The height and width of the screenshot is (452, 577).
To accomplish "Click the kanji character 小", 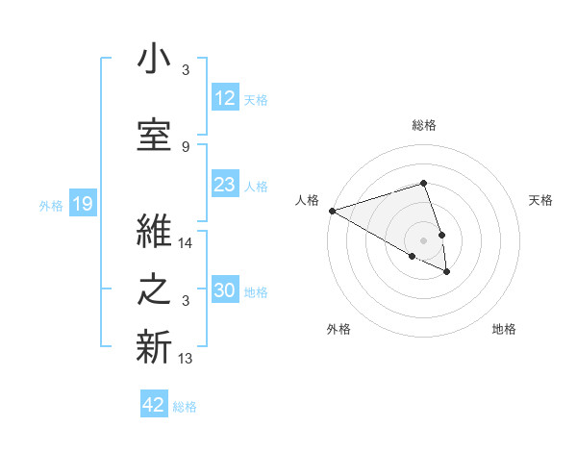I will (x=154, y=60).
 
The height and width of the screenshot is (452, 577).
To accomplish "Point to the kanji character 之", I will (x=154, y=290).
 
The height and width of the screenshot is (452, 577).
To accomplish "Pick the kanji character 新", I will (x=154, y=345).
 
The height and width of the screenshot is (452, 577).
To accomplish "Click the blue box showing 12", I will (x=224, y=99).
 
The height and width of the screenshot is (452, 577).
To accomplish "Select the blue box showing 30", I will (x=224, y=291).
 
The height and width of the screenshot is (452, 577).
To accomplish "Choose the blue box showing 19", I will (x=82, y=204).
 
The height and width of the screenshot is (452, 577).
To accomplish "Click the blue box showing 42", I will (x=153, y=405).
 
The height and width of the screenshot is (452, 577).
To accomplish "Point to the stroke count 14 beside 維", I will (x=186, y=244).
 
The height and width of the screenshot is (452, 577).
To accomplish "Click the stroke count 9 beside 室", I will (x=186, y=146).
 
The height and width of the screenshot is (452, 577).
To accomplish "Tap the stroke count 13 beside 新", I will (x=186, y=359).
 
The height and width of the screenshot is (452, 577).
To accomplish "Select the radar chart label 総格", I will (x=424, y=125).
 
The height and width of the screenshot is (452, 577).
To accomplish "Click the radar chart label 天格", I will (x=541, y=200).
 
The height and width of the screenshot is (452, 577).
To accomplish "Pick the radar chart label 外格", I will (x=339, y=330).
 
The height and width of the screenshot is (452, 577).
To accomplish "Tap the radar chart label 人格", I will (x=307, y=200).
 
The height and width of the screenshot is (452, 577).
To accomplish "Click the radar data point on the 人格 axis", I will (x=332, y=210).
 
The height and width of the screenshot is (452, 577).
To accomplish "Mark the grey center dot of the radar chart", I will (x=424, y=239).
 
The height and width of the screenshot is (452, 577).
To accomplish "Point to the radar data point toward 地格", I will (x=447, y=272).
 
